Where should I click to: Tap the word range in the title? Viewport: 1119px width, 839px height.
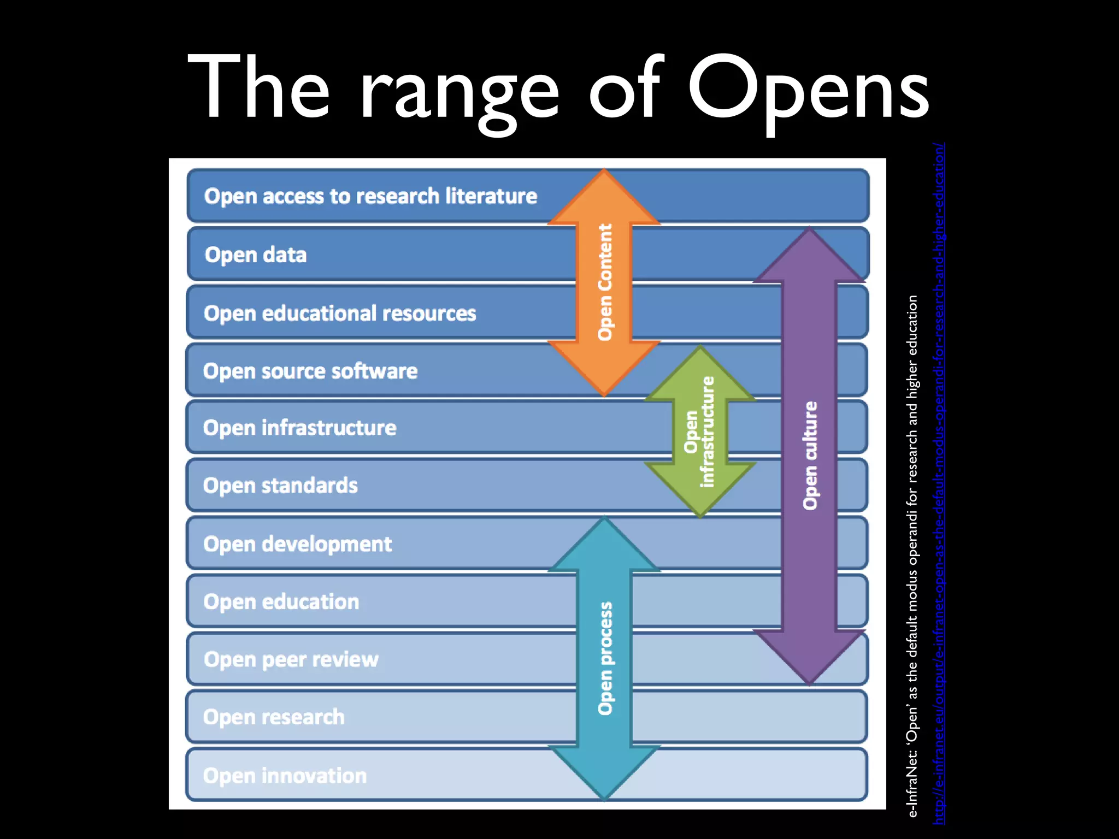[459, 93]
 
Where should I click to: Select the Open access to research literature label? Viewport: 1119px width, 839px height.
[370, 196]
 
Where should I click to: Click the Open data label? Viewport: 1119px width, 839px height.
[255, 255]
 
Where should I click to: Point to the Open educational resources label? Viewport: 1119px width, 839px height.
[340, 314]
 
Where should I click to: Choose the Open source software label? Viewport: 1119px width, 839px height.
[310, 371]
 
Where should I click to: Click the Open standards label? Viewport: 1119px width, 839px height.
[280, 486]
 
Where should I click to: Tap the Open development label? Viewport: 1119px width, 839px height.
[297, 544]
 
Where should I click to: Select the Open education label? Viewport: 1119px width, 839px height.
[281, 602]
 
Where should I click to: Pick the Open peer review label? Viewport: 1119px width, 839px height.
[291, 660]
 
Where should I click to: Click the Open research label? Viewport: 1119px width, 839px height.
[273, 717]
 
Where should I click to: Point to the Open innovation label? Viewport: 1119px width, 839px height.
[285, 776]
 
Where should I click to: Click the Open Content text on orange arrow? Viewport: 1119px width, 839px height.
[605, 282]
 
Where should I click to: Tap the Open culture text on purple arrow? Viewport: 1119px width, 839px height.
[810, 456]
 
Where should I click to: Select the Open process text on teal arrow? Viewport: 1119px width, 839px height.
[605, 658]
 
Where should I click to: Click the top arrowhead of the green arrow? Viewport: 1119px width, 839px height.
[700, 371]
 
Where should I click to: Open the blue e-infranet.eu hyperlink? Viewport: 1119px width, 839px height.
[939, 483]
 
